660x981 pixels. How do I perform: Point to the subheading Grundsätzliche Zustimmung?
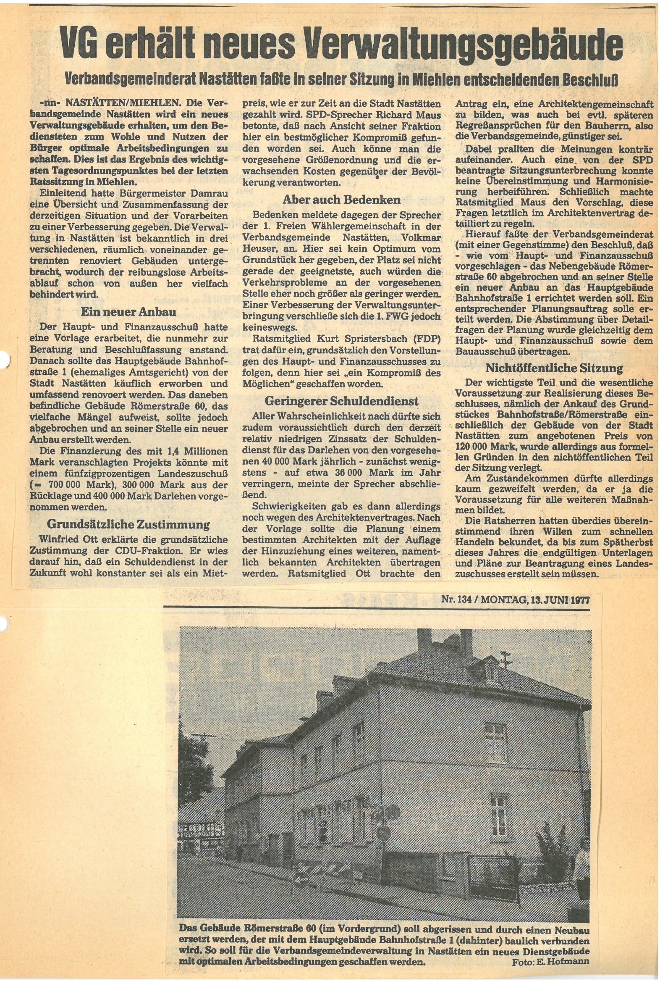point(128,524)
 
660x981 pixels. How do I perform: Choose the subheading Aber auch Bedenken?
point(341,199)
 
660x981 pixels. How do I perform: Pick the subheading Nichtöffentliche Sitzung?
point(554,368)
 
